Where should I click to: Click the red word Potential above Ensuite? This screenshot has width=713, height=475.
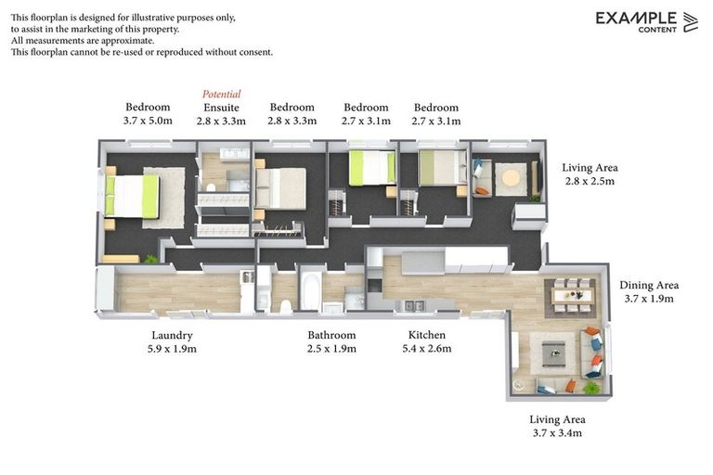[222, 94]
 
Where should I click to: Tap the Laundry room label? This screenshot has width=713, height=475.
[172, 336]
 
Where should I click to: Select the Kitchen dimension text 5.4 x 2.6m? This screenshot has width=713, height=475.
[427, 349]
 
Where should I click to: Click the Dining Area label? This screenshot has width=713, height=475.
[649, 286]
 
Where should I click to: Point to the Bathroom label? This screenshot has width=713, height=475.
[331, 336]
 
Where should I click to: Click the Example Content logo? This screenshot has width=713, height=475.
[646, 22]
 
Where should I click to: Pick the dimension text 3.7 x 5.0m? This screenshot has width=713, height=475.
[148, 121]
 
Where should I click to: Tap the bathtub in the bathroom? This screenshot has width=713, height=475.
[312, 291]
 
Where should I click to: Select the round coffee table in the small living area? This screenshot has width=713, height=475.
[511, 178]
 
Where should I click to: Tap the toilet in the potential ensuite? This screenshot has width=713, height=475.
[211, 186]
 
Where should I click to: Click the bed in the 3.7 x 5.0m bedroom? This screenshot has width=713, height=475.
[132, 197]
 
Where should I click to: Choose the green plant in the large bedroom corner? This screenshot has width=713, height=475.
[150, 259]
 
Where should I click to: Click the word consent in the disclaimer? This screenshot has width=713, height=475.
[257, 52]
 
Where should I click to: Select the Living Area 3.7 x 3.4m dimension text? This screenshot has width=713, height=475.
[557, 432]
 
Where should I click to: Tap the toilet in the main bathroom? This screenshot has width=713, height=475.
[286, 307]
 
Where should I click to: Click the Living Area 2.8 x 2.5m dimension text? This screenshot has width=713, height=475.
[590, 181]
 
